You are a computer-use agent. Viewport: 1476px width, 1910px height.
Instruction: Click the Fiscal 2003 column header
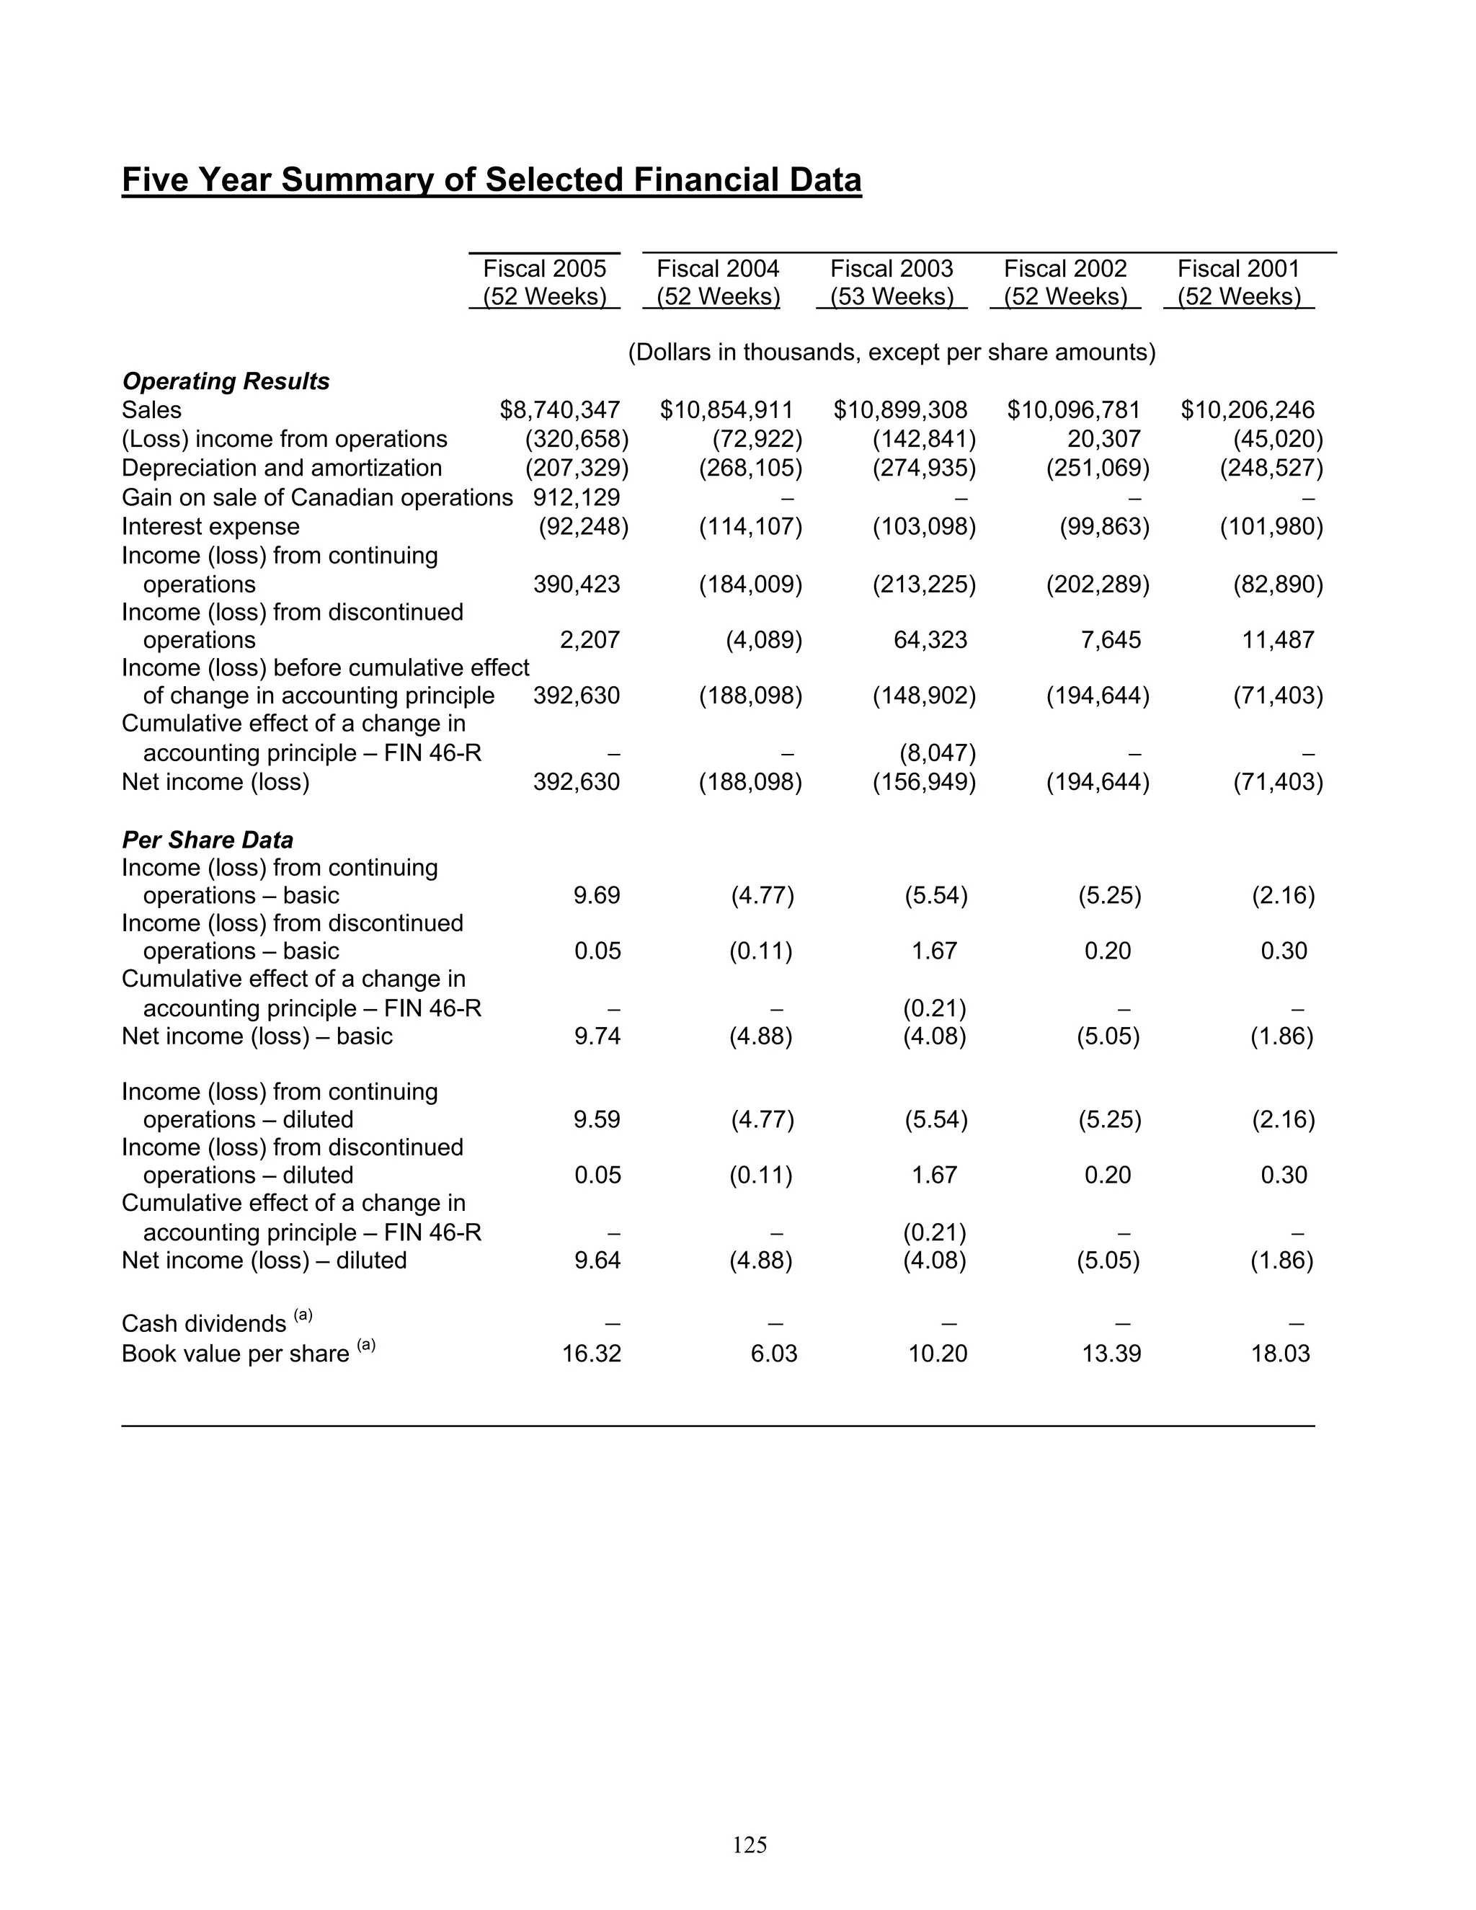point(891,282)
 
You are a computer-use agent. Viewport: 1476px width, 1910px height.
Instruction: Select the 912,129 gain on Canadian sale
point(577,497)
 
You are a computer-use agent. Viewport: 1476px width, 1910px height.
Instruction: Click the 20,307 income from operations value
point(1103,439)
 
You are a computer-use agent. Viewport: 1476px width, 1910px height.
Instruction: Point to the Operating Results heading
point(226,381)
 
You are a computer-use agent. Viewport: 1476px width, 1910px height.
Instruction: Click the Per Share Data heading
point(208,840)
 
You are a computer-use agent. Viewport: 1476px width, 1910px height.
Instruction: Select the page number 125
point(750,1844)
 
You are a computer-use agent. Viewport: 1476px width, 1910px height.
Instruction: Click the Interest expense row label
point(210,526)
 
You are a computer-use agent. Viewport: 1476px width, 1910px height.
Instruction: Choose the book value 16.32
point(591,1354)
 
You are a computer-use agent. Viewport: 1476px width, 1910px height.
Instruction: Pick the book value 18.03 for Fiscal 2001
point(1280,1354)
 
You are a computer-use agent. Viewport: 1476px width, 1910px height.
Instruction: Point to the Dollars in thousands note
point(891,352)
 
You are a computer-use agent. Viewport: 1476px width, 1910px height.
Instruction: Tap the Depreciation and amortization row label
point(282,468)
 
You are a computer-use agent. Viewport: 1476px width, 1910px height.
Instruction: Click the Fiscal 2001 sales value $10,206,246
point(1247,410)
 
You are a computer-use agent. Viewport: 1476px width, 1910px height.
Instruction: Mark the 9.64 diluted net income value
point(597,1260)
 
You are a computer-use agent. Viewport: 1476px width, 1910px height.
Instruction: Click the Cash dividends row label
point(204,1324)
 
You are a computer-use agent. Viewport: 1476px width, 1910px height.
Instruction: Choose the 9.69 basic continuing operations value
point(597,895)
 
